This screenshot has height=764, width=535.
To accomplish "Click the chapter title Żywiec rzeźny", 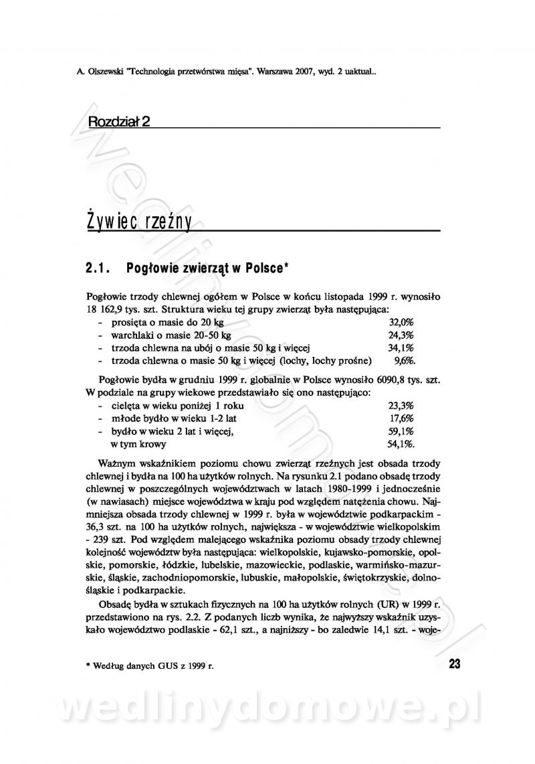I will pyautogui.click(x=139, y=222).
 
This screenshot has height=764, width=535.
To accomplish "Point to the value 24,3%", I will pyautogui.click(x=401, y=335).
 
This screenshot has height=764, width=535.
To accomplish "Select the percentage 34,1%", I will pyautogui.click(x=401, y=348).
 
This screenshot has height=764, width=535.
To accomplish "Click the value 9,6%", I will pyautogui.click(x=405, y=360).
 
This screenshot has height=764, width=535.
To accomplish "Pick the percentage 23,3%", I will pyautogui.click(x=401, y=406).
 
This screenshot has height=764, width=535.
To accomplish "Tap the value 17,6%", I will pyautogui.click(x=402, y=418).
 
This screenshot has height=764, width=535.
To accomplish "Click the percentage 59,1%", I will pyautogui.click(x=401, y=431).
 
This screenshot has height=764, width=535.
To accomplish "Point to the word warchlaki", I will pyautogui.click(x=132, y=335).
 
